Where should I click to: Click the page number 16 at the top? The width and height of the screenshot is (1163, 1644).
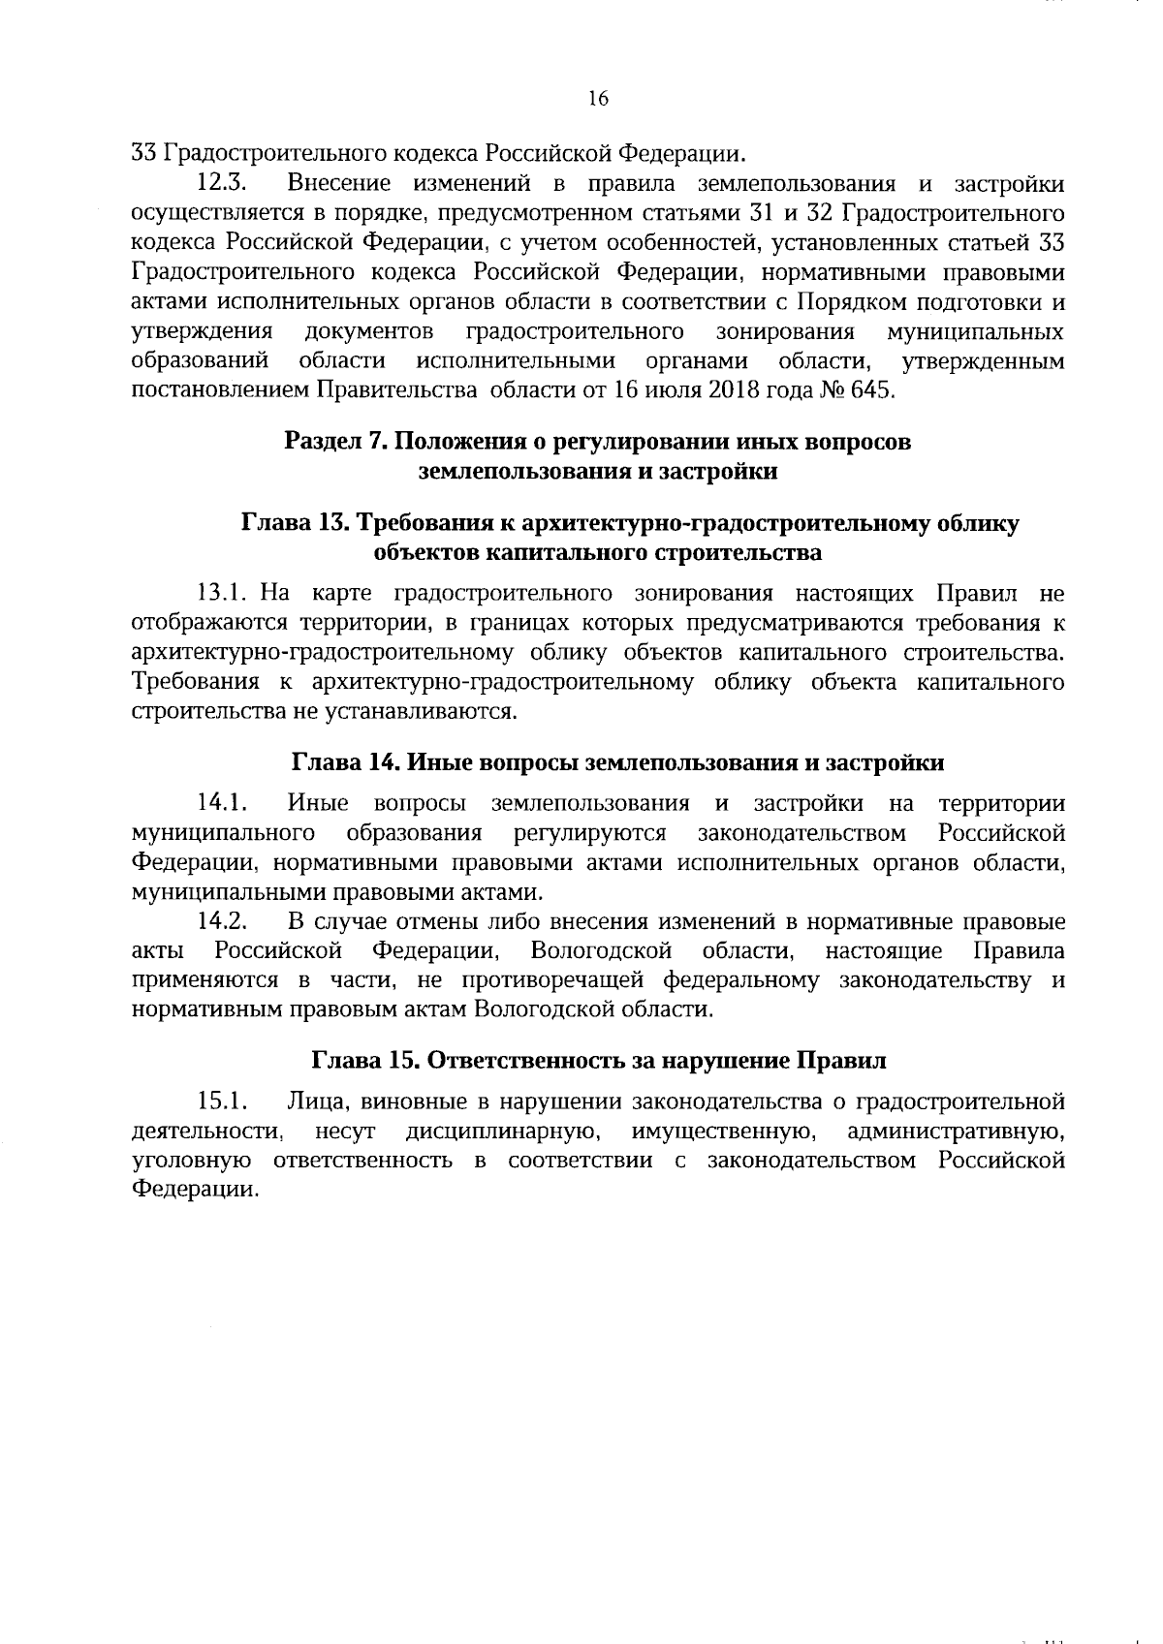597,98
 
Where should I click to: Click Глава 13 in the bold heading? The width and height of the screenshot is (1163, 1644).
295,524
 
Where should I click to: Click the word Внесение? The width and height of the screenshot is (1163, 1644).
339,183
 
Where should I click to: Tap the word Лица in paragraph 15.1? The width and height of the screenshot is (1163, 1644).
311,1101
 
